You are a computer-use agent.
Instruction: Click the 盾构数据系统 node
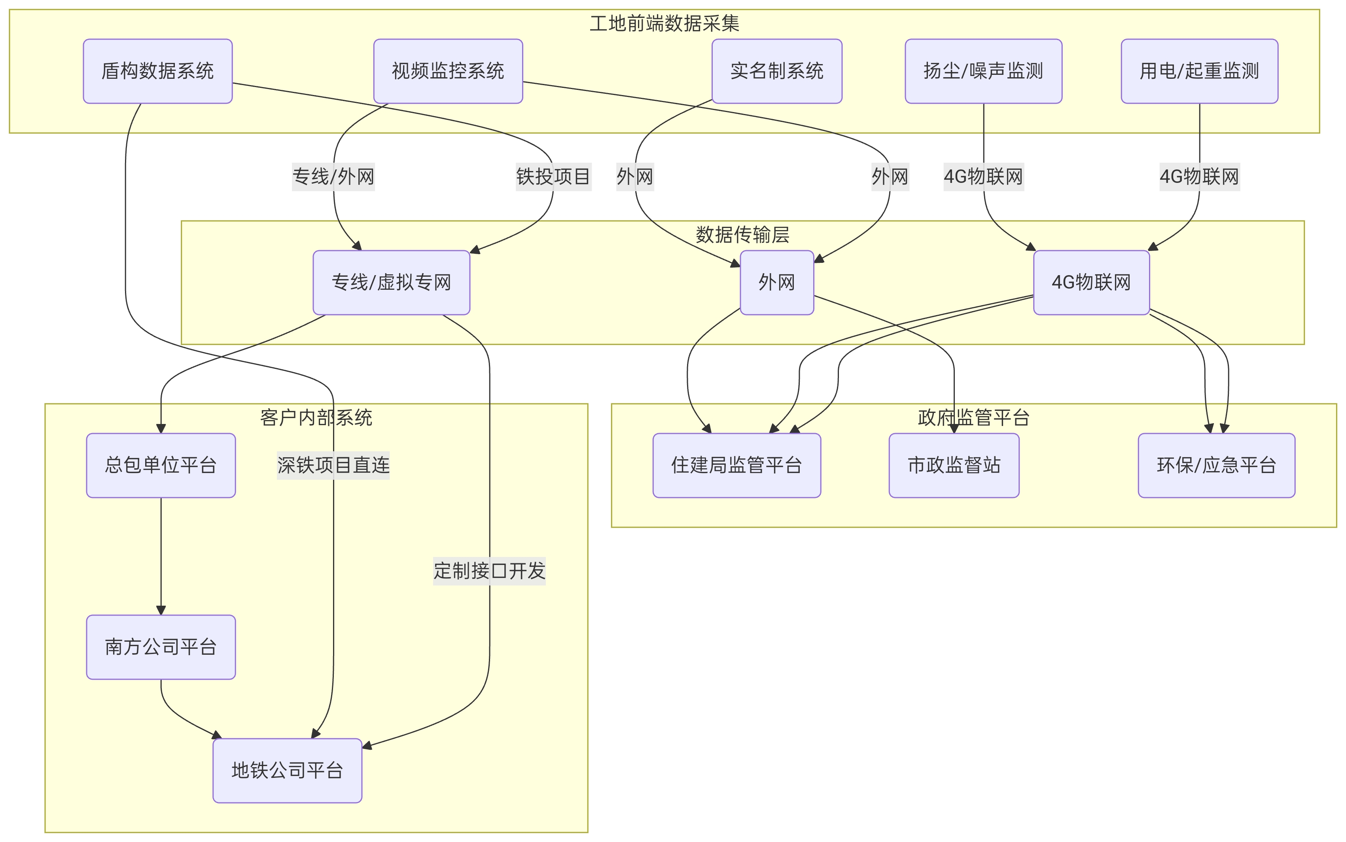pyautogui.click(x=157, y=71)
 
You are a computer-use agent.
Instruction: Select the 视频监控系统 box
pyautogui.click(x=448, y=71)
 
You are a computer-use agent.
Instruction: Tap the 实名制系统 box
pyautogui.click(x=777, y=71)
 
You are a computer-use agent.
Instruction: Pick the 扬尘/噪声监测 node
pyautogui.click(x=983, y=71)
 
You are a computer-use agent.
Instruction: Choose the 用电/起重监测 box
pyautogui.click(x=1199, y=71)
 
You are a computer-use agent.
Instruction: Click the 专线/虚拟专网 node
pyautogui.click(x=391, y=282)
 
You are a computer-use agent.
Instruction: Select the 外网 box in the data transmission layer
pyautogui.click(x=777, y=282)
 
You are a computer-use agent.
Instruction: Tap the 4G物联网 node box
pyautogui.click(x=1091, y=282)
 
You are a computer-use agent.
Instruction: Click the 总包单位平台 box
pyautogui.click(x=161, y=465)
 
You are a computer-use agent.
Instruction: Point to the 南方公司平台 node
pyautogui.click(x=161, y=647)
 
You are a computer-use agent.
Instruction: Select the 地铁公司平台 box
pyautogui.click(x=287, y=771)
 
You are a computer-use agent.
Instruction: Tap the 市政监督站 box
pyautogui.click(x=954, y=465)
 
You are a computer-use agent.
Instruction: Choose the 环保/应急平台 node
pyautogui.click(x=1216, y=465)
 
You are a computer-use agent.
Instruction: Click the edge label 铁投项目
pyautogui.click(x=553, y=177)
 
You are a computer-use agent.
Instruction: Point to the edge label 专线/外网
pyautogui.click(x=333, y=177)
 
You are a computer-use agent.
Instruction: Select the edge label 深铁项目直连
pyautogui.click(x=333, y=465)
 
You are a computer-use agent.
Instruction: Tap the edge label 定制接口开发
pyautogui.click(x=489, y=571)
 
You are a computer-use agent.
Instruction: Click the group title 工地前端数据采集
pyautogui.click(x=664, y=23)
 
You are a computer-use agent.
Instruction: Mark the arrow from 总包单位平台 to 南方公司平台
pyautogui.click(x=161, y=557)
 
